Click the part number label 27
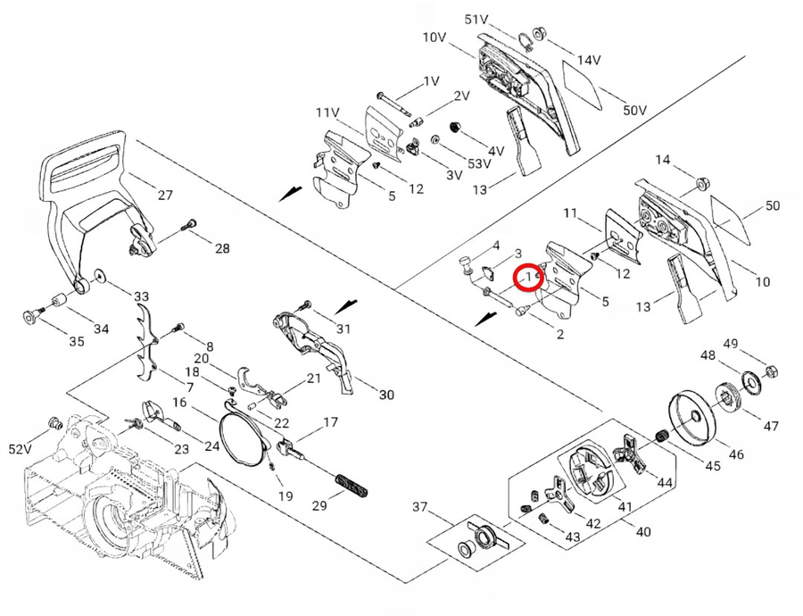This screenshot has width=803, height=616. (164, 195)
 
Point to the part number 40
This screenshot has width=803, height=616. (642, 531)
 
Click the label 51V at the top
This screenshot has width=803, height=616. (477, 19)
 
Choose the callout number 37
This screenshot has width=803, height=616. (420, 507)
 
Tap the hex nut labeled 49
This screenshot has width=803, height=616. (773, 370)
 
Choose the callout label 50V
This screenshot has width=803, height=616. (634, 110)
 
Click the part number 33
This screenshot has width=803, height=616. (141, 296)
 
